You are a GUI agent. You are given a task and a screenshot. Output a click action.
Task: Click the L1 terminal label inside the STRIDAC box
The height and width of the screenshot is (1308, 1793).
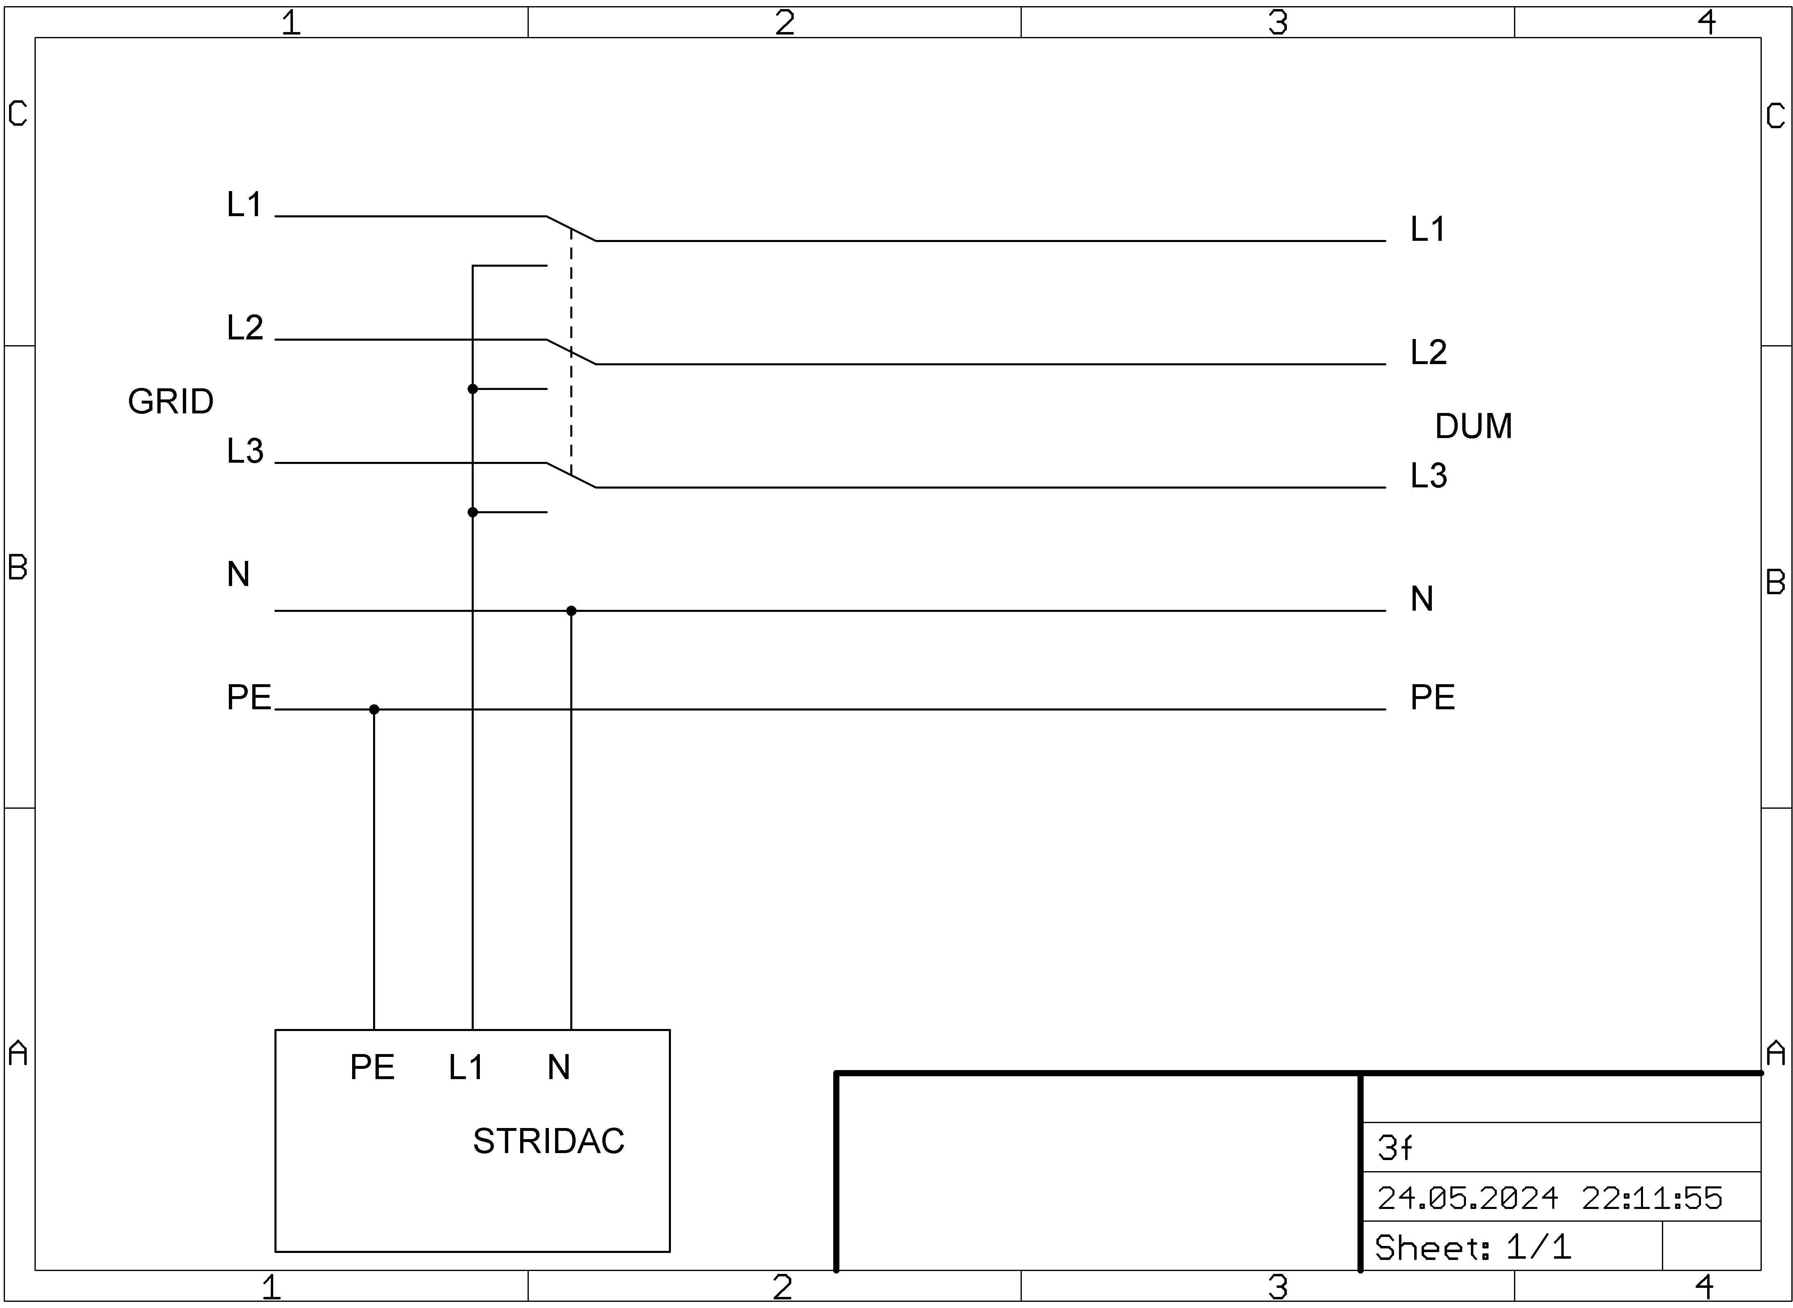coord(466,1067)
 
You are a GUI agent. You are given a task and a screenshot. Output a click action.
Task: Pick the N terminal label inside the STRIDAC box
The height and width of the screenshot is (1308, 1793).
coord(558,1067)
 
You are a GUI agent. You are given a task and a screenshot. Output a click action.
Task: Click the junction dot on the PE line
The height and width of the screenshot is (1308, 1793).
coord(373,709)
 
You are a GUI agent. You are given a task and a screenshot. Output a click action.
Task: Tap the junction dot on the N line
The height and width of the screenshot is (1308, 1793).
coord(571,611)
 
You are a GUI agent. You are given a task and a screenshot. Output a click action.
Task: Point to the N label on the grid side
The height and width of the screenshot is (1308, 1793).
coord(238,574)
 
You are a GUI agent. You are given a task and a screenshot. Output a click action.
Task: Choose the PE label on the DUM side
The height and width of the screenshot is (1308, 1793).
coord(1432,697)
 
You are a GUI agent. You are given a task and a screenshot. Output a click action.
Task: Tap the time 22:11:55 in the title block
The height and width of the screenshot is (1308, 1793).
coord(1651,1199)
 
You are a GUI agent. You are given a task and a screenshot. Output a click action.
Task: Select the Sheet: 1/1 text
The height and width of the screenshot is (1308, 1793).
coord(1473,1248)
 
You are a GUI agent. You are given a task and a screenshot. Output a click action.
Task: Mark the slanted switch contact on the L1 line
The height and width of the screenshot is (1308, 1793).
coord(571,228)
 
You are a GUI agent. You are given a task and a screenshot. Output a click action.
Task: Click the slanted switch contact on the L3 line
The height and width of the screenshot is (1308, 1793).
coord(571,475)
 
